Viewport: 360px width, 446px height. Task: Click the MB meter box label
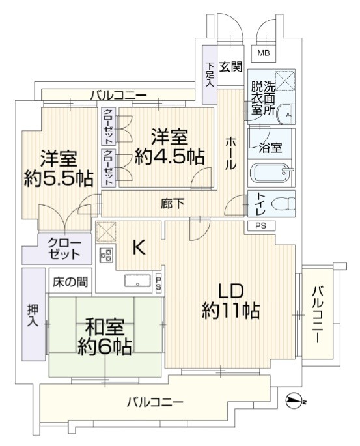coord(263,53)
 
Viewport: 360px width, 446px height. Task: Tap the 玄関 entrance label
coord(230,66)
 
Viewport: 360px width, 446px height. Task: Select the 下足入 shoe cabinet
coord(210,74)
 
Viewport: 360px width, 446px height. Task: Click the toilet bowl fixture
coord(283,204)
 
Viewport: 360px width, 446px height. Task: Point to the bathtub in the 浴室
coord(272,173)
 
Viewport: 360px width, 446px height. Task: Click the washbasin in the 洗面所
coord(285,115)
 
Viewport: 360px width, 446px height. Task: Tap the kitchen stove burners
coord(105,255)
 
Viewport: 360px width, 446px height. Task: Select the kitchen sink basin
coord(137,281)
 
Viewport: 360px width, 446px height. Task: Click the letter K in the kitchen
coord(139,247)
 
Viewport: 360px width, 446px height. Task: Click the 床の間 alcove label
coord(70,281)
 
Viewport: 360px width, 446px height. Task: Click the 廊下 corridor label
coord(173,204)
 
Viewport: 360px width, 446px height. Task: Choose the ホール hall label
coord(230,154)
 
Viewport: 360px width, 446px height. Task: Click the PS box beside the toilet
coord(261,226)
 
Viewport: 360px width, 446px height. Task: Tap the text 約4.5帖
coord(169,157)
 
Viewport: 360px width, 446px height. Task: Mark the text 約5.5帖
coord(59,178)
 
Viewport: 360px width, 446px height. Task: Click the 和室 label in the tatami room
coord(105,328)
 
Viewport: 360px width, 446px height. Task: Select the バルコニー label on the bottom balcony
coord(155,402)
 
